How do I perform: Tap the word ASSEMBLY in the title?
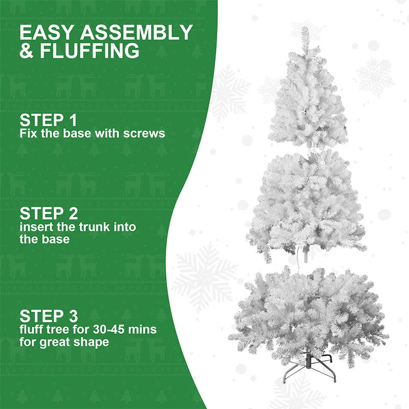click(136, 33)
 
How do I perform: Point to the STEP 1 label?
click(48, 121)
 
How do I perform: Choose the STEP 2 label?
click(48, 213)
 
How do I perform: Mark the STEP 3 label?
click(48, 315)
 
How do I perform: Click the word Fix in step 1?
click(27, 133)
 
